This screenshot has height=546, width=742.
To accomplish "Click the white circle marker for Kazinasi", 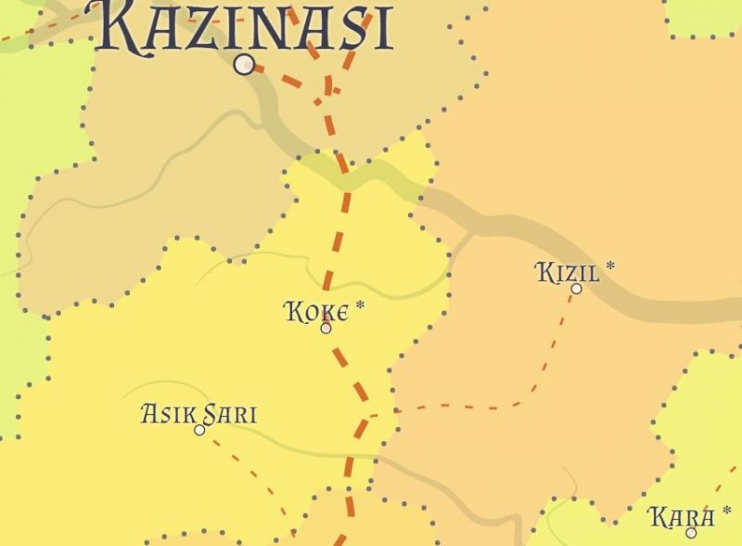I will point(245,64).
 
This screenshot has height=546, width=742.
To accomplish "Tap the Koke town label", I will point(317,311).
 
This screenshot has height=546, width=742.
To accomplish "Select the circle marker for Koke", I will point(326,328).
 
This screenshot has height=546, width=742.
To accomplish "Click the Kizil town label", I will point(568,273).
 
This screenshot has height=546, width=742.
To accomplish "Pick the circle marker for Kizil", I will point(576,289).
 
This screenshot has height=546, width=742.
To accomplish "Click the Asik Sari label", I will point(198,413).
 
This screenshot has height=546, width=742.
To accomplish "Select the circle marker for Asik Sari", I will point(199,430).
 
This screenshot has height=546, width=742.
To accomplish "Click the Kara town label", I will point(682,516).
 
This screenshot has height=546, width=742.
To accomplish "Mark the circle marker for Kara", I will point(691,532).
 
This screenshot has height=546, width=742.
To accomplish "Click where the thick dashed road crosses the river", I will point(345,175).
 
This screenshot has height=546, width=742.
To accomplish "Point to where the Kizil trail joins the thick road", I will point(365,414).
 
